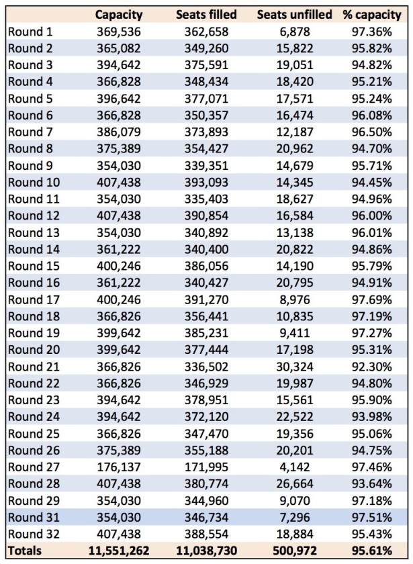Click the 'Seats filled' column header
(x=206, y=14)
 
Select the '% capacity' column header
(x=371, y=15)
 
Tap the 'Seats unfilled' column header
(x=294, y=14)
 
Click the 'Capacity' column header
(x=119, y=15)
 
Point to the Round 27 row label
(x=34, y=467)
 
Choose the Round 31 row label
(x=34, y=517)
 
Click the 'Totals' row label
(x=25, y=551)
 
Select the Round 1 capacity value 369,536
(x=119, y=32)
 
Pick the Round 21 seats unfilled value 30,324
(x=295, y=367)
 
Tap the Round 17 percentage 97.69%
(x=371, y=299)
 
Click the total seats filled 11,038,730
(x=207, y=551)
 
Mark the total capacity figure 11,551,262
(x=119, y=551)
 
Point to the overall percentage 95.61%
(x=371, y=551)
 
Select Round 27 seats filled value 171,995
(x=207, y=467)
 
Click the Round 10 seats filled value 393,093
(x=207, y=183)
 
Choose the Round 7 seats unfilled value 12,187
(x=295, y=132)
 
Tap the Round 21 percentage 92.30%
(x=371, y=367)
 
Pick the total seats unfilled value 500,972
(x=295, y=551)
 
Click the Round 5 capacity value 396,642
(x=119, y=99)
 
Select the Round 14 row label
(x=34, y=249)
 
